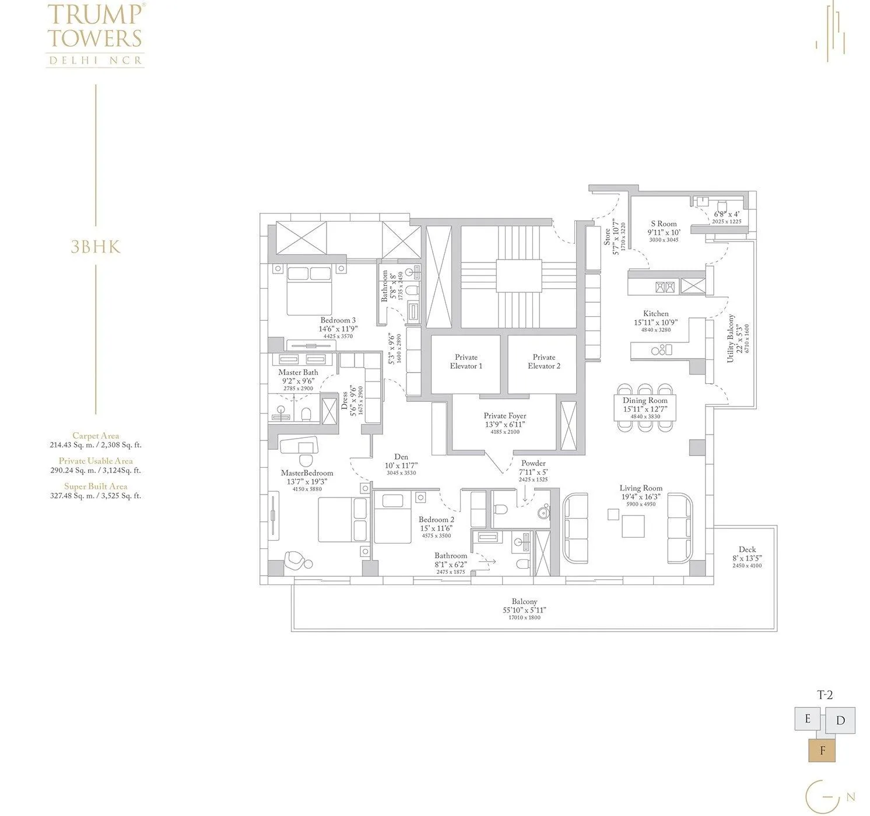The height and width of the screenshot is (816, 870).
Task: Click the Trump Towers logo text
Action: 95,27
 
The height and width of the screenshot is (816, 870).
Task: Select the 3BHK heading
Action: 95,247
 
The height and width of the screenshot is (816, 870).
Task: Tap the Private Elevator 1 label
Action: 465,362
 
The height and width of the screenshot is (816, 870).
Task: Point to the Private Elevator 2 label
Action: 543,362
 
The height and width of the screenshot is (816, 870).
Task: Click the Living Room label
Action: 640,488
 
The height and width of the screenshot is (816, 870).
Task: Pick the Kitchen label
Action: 655,314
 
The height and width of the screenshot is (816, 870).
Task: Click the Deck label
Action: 746,549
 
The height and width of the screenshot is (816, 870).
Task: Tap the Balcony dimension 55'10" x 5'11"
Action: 524,610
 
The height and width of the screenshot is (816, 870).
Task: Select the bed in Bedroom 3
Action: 309,288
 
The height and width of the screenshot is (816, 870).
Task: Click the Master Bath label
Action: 298,372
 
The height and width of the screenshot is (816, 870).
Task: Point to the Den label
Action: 401,457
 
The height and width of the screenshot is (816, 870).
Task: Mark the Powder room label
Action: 533,464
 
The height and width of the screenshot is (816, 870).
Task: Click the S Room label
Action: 664,224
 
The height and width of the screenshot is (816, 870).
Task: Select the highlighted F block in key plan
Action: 822,751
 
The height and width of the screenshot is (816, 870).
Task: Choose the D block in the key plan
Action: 840,720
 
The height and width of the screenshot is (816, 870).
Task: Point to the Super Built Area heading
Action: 96,486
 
